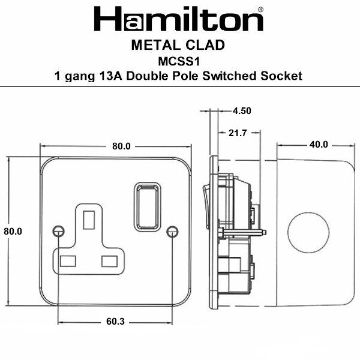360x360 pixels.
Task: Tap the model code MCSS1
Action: click(x=179, y=61)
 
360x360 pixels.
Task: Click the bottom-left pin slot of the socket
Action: click(x=67, y=260)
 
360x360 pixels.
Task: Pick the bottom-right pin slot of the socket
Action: click(x=110, y=260)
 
